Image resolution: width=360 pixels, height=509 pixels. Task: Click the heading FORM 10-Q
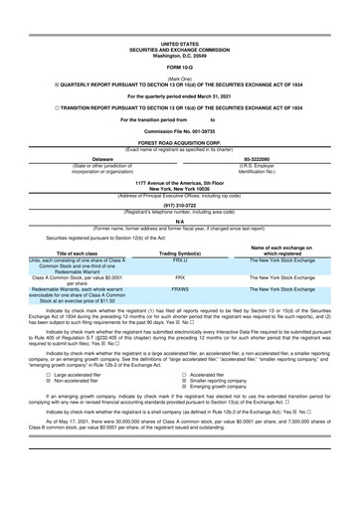(179, 66)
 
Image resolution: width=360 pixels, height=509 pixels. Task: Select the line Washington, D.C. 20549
(179, 55)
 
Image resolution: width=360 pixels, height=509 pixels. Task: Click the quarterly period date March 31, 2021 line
(179, 95)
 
